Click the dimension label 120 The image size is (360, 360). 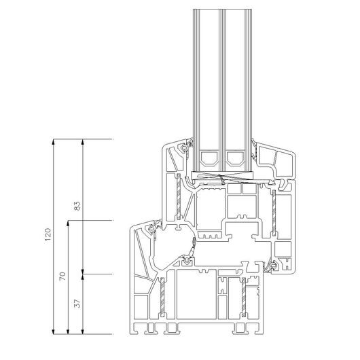[48, 234]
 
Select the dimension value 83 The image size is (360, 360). [77, 206]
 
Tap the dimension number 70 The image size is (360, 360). [62, 276]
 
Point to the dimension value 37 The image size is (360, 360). [77, 304]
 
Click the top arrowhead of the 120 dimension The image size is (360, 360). [53, 142]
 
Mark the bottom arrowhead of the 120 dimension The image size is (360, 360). [53, 331]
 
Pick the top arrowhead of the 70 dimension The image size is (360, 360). [68, 223]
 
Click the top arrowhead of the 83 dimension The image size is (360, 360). [83, 142]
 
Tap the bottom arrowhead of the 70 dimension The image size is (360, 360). [68, 331]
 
